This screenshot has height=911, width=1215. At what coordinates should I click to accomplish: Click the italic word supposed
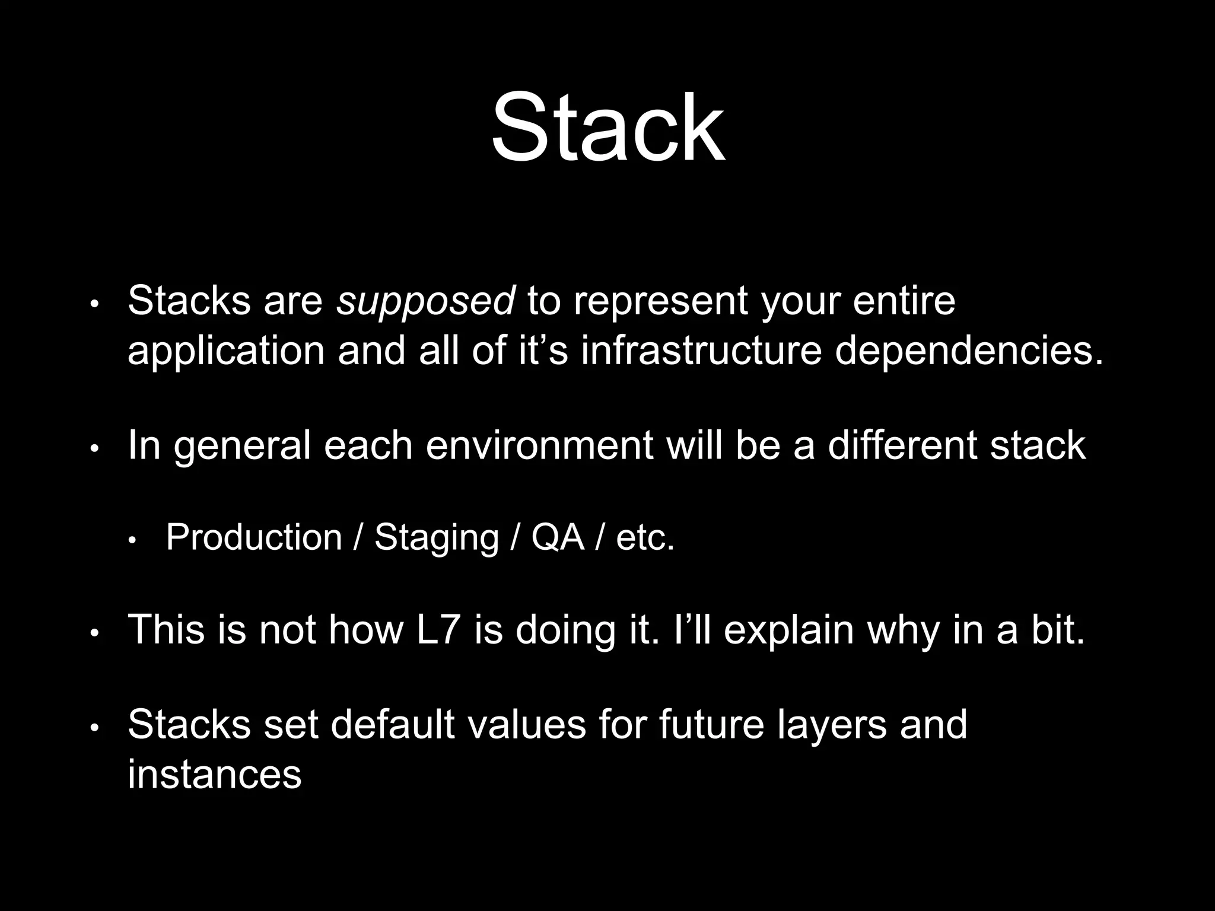point(425,301)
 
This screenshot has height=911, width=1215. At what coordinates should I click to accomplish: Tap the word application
point(226,351)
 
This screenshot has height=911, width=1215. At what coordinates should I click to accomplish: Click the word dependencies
point(969,351)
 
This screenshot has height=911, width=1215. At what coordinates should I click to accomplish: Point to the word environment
point(539,446)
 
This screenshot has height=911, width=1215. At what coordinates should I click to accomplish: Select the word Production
point(254,537)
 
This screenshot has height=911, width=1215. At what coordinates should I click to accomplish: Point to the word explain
point(789,630)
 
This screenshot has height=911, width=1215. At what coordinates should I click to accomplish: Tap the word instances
point(215,775)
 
